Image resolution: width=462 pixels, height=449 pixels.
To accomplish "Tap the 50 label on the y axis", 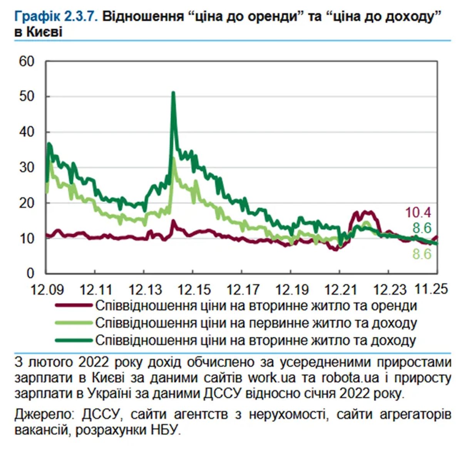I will pos(27,96).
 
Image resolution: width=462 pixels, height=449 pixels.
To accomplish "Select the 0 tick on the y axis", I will pos(31,273).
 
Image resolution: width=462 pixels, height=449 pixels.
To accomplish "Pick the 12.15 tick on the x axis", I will pos(192,289).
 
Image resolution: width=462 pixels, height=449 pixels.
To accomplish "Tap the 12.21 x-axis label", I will pos(339,289).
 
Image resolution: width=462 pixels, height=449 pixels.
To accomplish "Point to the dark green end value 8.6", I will pos(422,228).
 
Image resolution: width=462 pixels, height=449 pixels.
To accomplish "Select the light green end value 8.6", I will pos(422,254).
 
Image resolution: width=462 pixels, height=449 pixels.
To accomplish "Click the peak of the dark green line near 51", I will pos(173,93).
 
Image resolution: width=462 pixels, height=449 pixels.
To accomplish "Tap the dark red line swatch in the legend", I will pos(74,306).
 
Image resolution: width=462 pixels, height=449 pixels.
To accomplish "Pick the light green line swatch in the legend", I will pos(74,323).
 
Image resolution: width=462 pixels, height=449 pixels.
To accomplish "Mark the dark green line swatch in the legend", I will pos(74,340).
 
